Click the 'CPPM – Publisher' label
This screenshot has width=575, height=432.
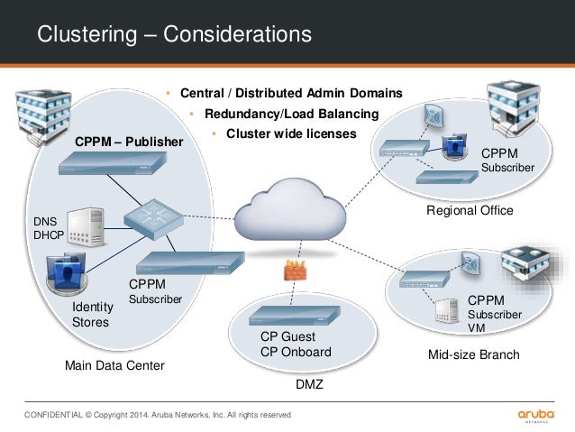pyautogui.click(x=128, y=142)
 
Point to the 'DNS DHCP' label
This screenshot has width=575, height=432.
pyautogui.click(x=50, y=227)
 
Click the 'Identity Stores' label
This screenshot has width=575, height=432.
pyautogui.click(x=92, y=315)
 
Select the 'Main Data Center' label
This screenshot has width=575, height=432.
pyautogui.click(x=114, y=365)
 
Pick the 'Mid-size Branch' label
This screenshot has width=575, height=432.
pyautogui.click(x=473, y=354)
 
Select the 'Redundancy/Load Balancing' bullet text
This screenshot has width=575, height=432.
pyautogui.click(x=291, y=114)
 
